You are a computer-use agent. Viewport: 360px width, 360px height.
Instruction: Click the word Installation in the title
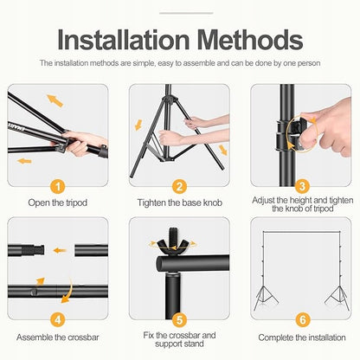click(x=124, y=39)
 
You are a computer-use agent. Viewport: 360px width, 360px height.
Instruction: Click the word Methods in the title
click(x=250, y=39)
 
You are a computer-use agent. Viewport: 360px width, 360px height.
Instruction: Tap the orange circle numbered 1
click(x=58, y=187)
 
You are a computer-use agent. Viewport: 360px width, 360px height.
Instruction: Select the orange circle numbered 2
click(x=180, y=187)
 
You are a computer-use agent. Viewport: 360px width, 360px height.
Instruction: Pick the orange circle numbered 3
click(x=302, y=186)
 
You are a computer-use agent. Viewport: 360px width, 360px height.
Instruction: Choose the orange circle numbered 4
click(x=58, y=319)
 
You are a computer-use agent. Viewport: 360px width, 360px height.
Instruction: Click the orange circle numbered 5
click(x=180, y=320)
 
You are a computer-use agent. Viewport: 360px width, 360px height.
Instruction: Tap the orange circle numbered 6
click(x=303, y=319)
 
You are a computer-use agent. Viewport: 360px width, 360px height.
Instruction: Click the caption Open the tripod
click(x=58, y=202)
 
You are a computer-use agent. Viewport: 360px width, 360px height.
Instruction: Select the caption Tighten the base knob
click(x=180, y=202)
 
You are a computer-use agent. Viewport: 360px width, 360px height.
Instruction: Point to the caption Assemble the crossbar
click(x=58, y=337)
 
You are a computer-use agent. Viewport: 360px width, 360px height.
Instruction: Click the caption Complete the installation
click(x=302, y=337)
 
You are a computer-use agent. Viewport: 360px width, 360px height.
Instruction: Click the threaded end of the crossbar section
click(x=34, y=250)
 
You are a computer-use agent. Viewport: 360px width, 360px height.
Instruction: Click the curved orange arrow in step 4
click(x=68, y=291)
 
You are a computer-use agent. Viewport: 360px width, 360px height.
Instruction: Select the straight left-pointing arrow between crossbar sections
click(x=60, y=250)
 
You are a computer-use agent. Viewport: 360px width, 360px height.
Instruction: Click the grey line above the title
click(x=186, y=13)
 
